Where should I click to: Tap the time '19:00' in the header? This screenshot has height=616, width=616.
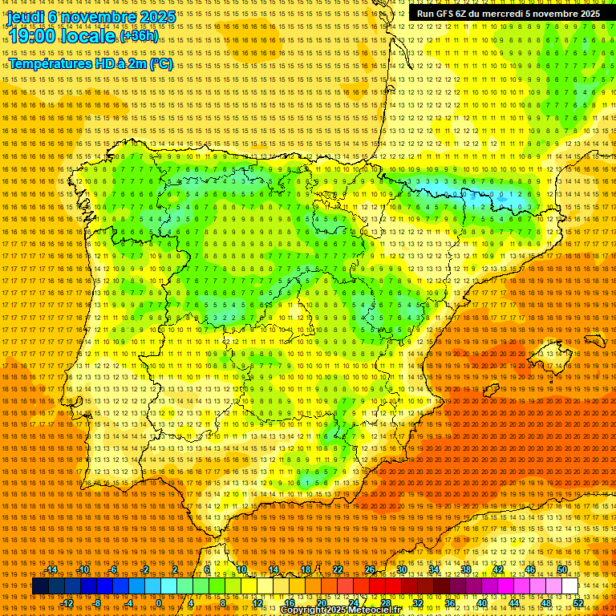pyautogui.click(x=33, y=36)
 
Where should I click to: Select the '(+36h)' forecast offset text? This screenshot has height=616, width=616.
pyautogui.click(x=139, y=36)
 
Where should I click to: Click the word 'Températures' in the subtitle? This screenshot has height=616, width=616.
pyautogui.click(x=49, y=63)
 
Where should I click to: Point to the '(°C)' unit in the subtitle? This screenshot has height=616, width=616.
pyautogui.click(x=160, y=63)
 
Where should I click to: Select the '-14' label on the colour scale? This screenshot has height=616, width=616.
pyautogui.click(x=52, y=569)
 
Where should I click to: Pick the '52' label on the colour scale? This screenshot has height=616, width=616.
pyautogui.click(x=578, y=603)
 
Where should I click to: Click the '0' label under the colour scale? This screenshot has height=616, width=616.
pyautogui.click(x=159, y=603)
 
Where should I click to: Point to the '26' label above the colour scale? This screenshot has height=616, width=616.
pyautogui.click(x=370, y=569)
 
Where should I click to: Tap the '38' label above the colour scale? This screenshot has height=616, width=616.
pyautogui.click(x=465, y=569)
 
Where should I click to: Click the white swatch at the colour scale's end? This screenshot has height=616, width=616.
pyautogui.click(x=570, y=586)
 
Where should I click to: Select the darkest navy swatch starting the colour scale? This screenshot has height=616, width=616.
pyautogui.click(x=40, y=586)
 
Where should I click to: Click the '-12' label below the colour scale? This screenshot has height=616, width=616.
pyautogui.click(x=67, y=603)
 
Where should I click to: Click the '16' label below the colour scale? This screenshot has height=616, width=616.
pyautogui.click(x=290, y=603)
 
